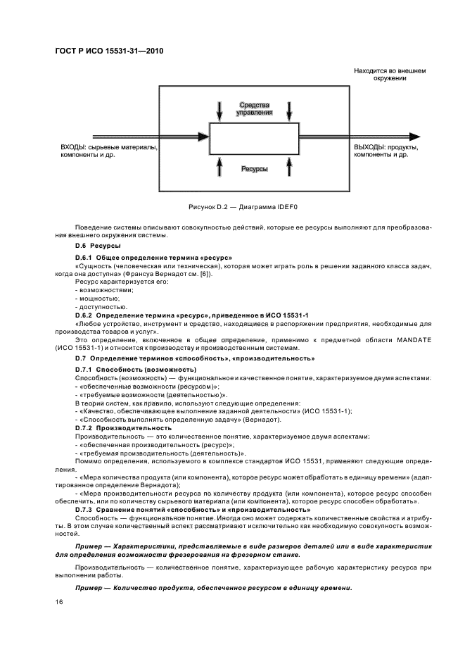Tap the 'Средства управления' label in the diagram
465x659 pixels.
point(255,108)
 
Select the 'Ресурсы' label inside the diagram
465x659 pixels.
point(255,169)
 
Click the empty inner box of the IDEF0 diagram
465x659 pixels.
point(255,138)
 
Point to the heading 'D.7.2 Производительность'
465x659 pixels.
point(123,427)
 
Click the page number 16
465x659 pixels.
point(60,603)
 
